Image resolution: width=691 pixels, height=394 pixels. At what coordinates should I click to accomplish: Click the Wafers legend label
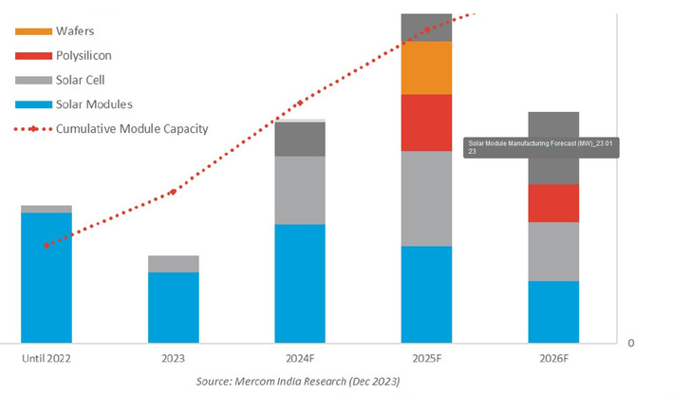pos(76,30)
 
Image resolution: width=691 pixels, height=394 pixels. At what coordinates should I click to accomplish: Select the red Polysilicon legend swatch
pos(30,55)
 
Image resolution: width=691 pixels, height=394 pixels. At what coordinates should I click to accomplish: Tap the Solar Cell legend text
pos(84,80)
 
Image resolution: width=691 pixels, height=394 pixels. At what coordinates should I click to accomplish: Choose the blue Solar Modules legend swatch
pos(30,103)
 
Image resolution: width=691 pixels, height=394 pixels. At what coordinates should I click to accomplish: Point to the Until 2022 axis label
pos(47,359)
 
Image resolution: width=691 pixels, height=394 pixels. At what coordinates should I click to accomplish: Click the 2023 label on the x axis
pos(173,359)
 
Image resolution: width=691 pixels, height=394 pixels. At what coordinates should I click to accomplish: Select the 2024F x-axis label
pos(300,359)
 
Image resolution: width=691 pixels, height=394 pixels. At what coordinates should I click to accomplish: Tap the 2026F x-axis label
pos(553,359)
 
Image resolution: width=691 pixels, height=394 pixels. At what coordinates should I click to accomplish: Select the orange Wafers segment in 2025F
pos(426,67)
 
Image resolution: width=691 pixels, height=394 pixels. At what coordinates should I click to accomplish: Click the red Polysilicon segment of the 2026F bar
pos(553,203)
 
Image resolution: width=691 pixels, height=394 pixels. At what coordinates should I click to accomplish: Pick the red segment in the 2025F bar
pos(426,122)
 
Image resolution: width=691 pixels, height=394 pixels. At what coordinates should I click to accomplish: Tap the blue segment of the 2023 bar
pos(173,307)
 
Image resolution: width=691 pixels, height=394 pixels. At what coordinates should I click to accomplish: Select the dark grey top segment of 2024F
pos(300,139)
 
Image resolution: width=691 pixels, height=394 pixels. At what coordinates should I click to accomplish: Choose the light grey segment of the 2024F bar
pos(300,190)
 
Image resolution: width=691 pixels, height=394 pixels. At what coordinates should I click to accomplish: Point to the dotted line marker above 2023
pos(173,192)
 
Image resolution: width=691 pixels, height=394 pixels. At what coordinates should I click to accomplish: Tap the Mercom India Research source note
pos(297,382)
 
